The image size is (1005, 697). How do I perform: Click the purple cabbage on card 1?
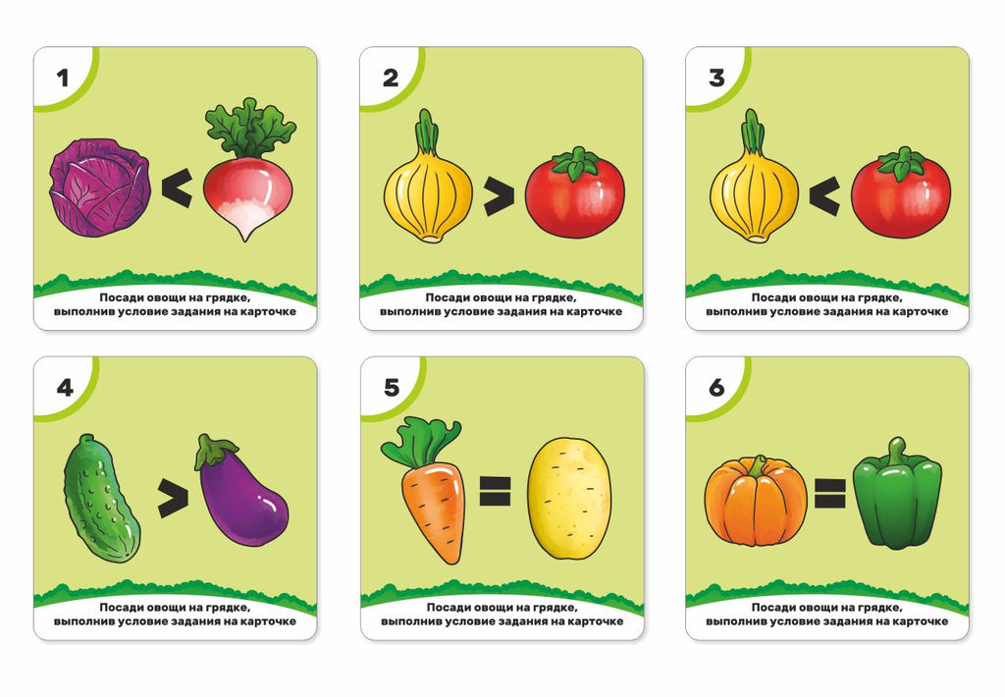coord(100,189)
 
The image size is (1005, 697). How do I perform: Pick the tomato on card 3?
coord(901,191)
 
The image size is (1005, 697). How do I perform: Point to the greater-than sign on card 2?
coord(499,197)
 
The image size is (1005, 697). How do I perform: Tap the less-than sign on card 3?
coord(824,195)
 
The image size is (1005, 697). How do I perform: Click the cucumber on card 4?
coord(101,499)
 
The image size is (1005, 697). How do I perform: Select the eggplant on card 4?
coord(241,491)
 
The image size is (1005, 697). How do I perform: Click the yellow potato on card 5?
coord(569,499)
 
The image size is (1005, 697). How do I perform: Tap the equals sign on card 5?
coord(495,491)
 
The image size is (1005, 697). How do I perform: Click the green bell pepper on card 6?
coord(897,494)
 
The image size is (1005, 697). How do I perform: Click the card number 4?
coord(65,388)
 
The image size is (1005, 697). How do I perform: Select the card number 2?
coord(391,79)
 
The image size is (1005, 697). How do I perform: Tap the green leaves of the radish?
coord(250,129)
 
